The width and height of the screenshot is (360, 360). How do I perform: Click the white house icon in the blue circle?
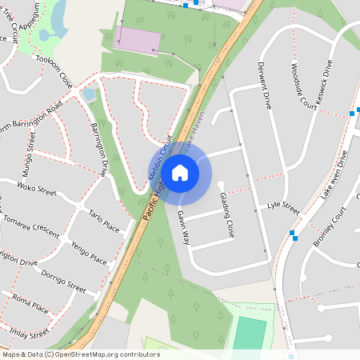(x=180, y=172)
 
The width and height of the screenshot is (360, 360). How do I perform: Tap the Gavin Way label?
(x=184, y=228)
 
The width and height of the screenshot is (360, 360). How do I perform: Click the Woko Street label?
(x=37, y=192)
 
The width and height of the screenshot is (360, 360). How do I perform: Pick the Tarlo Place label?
(x=104, y=223)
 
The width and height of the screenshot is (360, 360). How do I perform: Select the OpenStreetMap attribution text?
(x=81, y=354)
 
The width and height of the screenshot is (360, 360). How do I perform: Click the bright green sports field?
(x=250, y=334)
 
